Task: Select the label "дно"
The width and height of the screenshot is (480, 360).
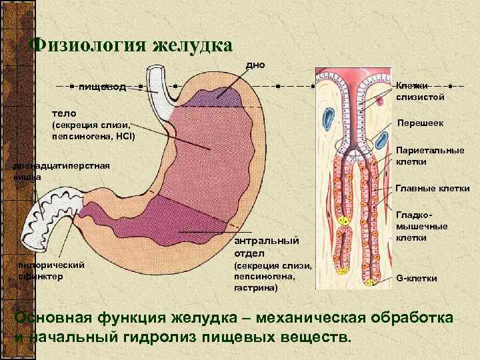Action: tap(256, 65)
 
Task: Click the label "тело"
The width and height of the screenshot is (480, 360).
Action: tap(64, 113)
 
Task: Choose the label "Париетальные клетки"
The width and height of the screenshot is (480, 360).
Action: tap(430, 156)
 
